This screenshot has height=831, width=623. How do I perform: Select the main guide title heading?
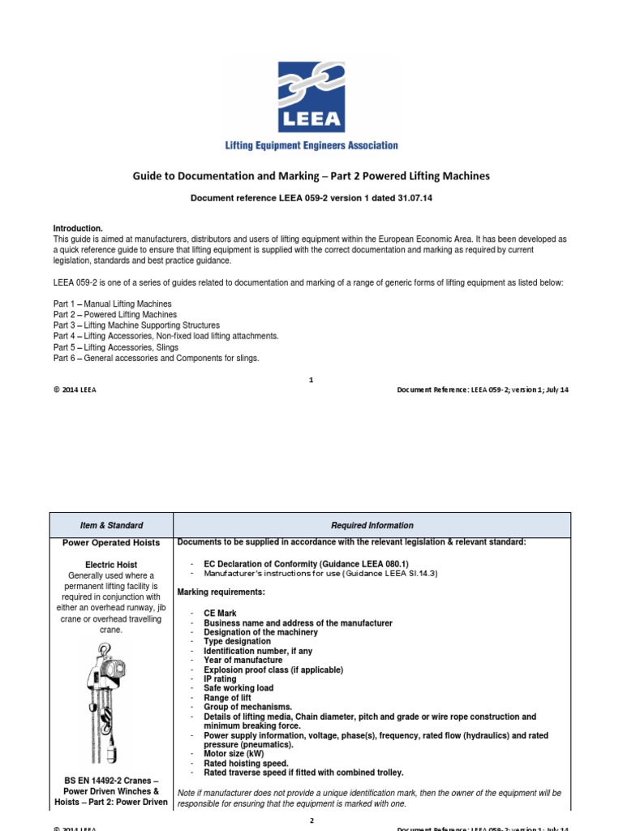(x=311, y=175)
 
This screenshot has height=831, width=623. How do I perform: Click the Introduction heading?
(x=78, y=229)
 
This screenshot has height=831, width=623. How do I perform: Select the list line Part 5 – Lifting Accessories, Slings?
(x=116, y=347)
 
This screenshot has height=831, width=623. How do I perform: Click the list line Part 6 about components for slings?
(x=157, y=358)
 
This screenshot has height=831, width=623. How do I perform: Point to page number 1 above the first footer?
(x=311, y=379)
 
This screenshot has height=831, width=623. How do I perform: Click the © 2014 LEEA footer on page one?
(x=75, y=390)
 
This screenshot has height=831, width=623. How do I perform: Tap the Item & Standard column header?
(x=112, y=525)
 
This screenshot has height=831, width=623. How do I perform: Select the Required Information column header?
(x=372, y=525)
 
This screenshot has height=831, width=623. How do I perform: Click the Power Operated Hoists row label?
(x=112, y=543)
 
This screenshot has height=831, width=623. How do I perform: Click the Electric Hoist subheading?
(x=112, y=564)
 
